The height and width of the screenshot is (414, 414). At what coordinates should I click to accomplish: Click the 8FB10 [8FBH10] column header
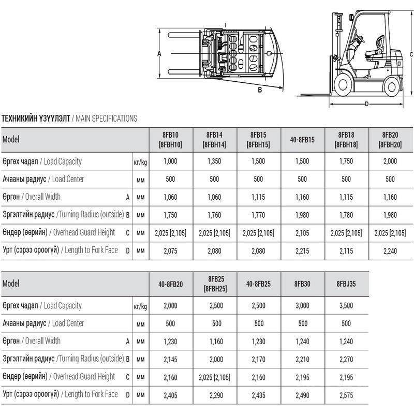pos(170,140)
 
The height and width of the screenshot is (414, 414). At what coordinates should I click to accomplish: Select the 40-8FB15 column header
pos(302,140)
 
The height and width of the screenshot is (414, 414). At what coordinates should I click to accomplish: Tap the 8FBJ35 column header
pos(346,284)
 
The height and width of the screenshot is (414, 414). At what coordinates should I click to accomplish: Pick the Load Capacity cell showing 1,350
pos(214,161)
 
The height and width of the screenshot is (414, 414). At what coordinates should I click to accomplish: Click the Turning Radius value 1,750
pos(170,215)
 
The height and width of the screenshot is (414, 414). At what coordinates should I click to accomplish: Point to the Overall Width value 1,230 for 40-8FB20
pos(170,341)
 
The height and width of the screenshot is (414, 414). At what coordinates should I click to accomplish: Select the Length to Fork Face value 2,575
pos(346,395)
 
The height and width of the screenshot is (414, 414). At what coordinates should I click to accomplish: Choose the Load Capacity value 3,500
pos(346,305)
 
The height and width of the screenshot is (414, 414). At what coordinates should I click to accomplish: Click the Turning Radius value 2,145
pos(170,359)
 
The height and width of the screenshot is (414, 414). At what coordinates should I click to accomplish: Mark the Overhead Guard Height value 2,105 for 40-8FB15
pos(302,233)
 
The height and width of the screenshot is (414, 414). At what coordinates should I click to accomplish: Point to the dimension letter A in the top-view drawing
pos(159,53)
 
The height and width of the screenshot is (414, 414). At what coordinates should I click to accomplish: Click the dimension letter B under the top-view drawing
pos(260,89)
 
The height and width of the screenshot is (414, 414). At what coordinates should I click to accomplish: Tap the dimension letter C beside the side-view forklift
pos(411,54)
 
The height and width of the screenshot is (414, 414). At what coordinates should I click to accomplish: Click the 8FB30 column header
pos(302,284)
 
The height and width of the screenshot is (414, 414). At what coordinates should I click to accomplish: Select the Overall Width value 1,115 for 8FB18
pos(346,197)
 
